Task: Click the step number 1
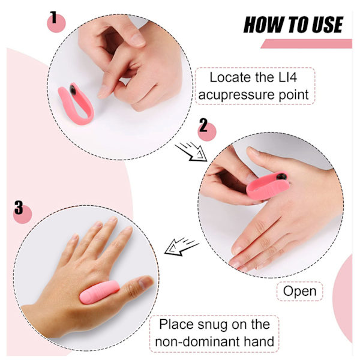pyautogui.click(x=53, y=17)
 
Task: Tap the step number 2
pyautogui.click(x=203, y=125)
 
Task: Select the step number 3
pyautogui.click(x=19, y=207)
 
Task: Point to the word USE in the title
pyautogui.click(x=328, y=25)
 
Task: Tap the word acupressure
pyautogui.click(x=237, y=95)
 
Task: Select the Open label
pyautogui.click(x=299, y=291)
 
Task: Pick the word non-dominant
pyautogui.click(x=197, y=341)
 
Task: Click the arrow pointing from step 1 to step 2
pyautogui.click(x=191, y=152)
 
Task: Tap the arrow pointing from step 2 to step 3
pyautogui.click(x=181, y=247)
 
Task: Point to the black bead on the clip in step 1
pyautogui.click(x=73, y=89)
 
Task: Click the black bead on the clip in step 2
pyautogui.click(x=281, y=176)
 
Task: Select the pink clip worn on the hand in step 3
pyautogui.click(x=99, y=292)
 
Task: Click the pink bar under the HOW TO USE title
pyautogui.click(x=307, y=44)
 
